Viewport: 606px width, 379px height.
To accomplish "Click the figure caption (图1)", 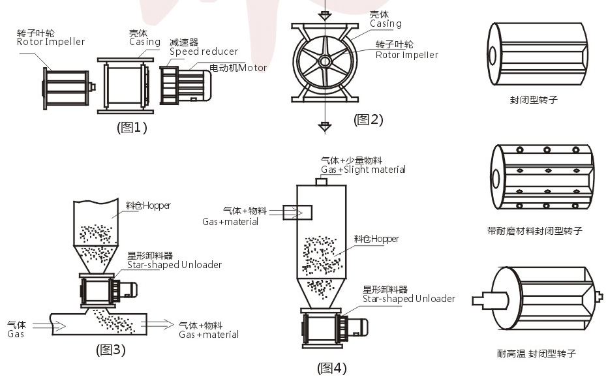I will pos(132,127).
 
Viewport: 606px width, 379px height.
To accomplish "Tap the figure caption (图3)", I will pos(110,350).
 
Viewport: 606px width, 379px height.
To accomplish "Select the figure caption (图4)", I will pos(332,369).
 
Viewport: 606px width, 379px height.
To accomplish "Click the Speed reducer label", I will pos(204,52).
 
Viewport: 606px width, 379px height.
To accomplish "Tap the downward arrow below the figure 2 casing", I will pos(324,124).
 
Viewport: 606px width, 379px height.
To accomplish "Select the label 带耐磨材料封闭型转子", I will pos(534,231).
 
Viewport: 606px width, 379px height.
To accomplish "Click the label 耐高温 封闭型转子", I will pos(536,354).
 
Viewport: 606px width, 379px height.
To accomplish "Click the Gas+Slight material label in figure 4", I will pos(363,170).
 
